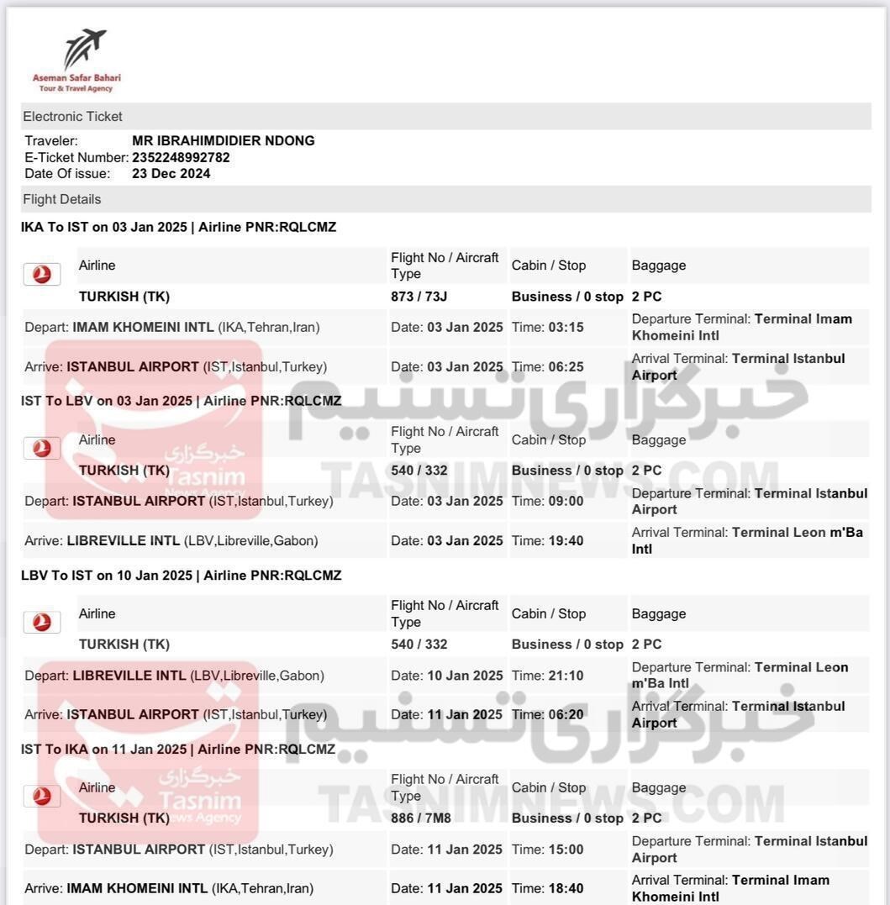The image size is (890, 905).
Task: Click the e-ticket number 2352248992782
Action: tap(181, 157)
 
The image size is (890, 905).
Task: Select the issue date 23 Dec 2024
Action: tap(171, 174)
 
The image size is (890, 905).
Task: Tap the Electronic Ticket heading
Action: tap(72, 117)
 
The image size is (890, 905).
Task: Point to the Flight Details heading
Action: tap(61, 199)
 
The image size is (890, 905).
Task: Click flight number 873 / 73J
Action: tap(419, 297)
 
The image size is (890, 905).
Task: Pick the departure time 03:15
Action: tap(566, 328)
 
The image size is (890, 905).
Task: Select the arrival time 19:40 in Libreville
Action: tap(566, 541)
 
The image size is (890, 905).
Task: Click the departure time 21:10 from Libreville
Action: tap(566, 676)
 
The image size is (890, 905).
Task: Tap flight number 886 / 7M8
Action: tap(421, 818)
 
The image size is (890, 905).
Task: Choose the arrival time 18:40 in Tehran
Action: tap(566, 889)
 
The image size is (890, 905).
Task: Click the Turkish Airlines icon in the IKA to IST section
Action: tap(42, 274)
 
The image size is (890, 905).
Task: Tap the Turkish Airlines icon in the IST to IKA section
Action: tap(42, 796)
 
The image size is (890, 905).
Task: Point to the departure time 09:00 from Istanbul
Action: tap(566, 502)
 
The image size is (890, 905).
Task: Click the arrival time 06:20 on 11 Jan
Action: tap(566, 715)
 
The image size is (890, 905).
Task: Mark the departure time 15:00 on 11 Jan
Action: tap(566, 850)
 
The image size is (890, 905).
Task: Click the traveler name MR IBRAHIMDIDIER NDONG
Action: tap(224, 141)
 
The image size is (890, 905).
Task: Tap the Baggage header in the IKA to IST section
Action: tap(659, 266)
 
